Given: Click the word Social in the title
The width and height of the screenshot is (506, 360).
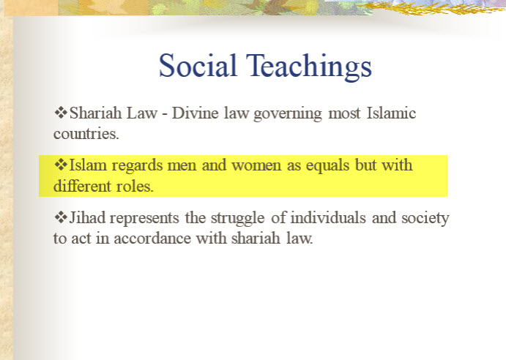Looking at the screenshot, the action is tap(198, 65).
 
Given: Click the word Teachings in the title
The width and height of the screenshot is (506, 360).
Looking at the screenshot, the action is tap(309, 67).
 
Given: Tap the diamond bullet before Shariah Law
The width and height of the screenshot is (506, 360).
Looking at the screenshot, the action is tap(61, 113).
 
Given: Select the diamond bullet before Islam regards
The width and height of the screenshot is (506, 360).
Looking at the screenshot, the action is tap(61, 165).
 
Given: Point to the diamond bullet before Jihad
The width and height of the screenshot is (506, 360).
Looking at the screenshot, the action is tap(61, 217).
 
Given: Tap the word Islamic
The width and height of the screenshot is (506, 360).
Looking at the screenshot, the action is tap(391, 113).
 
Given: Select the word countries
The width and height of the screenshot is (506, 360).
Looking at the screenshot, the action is tap(86, 134).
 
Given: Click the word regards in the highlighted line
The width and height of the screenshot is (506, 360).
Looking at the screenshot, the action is tap(137, 166).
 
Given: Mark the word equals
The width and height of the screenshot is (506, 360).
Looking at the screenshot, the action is tap(327, 166).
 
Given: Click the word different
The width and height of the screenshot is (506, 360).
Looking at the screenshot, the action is tap(82, 186).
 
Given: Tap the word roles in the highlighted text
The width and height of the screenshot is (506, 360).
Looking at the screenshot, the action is tap(135, 186).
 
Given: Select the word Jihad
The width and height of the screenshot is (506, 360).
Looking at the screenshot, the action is tap(87, 217).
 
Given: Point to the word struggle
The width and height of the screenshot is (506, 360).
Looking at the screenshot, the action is tap(238, 219).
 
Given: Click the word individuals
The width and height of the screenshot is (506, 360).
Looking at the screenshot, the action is tap(328, 218).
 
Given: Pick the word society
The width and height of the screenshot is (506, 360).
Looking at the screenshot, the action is tap(425, 219).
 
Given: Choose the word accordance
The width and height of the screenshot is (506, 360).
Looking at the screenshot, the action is tap(152, 239).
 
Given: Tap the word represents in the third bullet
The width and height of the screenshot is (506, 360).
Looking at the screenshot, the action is tap(144, 219).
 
